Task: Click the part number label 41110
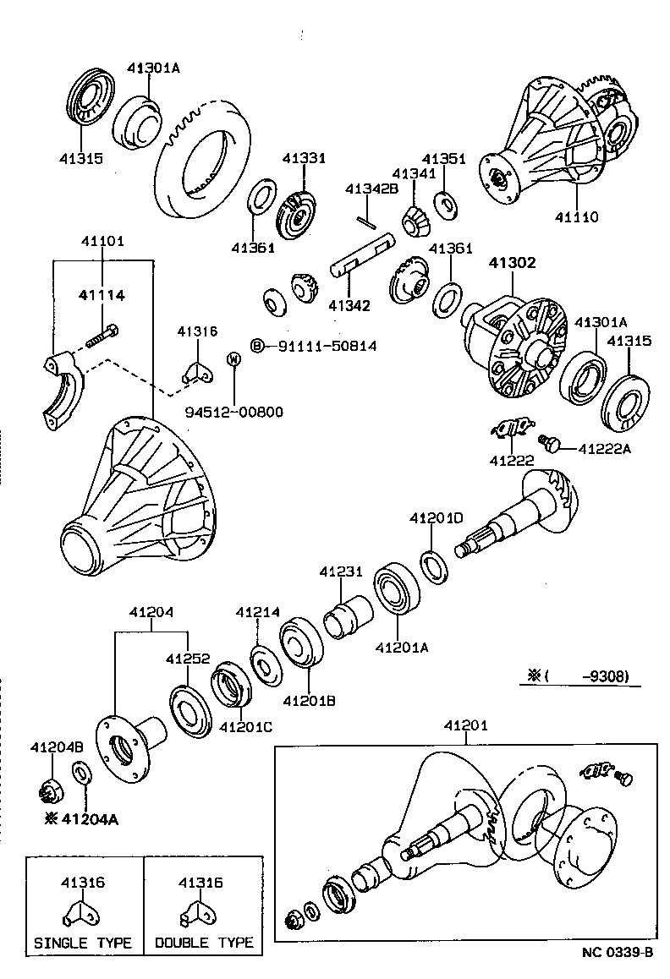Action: pos(576,217)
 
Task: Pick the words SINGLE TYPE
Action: pos(83,943)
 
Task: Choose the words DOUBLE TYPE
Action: pos(203,943)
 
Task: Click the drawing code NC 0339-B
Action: pos(617,953)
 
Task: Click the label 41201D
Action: pos(437,517)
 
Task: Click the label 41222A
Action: pos(605,449)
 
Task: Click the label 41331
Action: pos(304,158)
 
